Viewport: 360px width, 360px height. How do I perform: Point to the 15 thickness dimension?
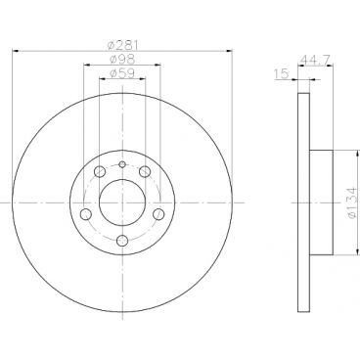pyautogui.click(x=282, y=74)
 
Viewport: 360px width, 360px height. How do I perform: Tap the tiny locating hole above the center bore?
pyautogui.click(x=121, y=164)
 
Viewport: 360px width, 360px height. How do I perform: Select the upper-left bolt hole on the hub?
pyautogui.click(x=99, y=173)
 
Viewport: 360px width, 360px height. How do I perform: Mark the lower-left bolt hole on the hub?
pyautogui.click(x=85, y=214)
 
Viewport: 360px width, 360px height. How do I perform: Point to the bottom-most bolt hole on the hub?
pyautogui.click(x=121, y=242)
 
